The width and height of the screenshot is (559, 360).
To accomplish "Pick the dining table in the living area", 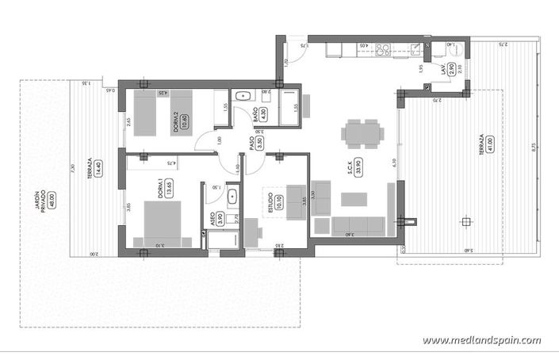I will click(x=362, y=134).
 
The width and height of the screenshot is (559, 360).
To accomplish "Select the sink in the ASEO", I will click(x=233, y=196).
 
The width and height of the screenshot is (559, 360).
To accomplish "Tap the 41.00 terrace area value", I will click(x=491, y=144).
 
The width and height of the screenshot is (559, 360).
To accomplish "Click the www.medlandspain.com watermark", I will click(x=481, y=340).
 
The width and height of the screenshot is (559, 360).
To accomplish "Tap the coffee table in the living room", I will click(x=348, y=197).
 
